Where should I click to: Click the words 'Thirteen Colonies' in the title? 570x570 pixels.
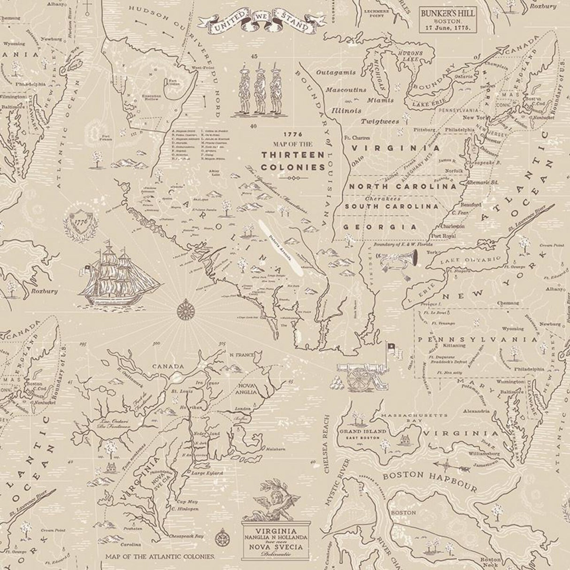(x=293, y=161)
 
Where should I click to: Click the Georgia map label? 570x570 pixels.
(x=380, y=226)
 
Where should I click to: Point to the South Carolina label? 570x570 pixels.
(x=392, y=206)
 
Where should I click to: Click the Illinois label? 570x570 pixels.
(x=346, y=111)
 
